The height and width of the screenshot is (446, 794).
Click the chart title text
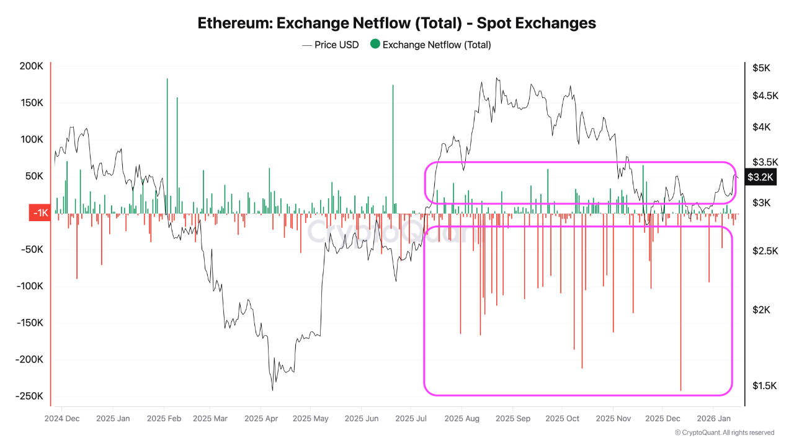(397, 23)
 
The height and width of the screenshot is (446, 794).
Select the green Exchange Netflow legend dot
(375, 45)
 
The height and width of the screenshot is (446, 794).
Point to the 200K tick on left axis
(31, 66)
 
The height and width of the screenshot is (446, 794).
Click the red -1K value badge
(39, 213)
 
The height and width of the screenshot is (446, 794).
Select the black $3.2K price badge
(760, 177)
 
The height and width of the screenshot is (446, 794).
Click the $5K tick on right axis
(761, 68)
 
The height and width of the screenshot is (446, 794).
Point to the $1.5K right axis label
(765, 386)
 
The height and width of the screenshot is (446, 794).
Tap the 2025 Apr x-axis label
(261, 418)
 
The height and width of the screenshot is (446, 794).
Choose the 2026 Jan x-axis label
(713, 418)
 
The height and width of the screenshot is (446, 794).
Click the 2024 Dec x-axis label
(62, 418)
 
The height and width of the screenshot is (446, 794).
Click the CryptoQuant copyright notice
(725, 432)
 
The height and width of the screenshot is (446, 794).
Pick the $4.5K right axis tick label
(765, 95)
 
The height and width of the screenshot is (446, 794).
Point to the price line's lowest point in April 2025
(273, 390)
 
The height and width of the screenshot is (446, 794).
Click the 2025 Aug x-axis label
(462, 418)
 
